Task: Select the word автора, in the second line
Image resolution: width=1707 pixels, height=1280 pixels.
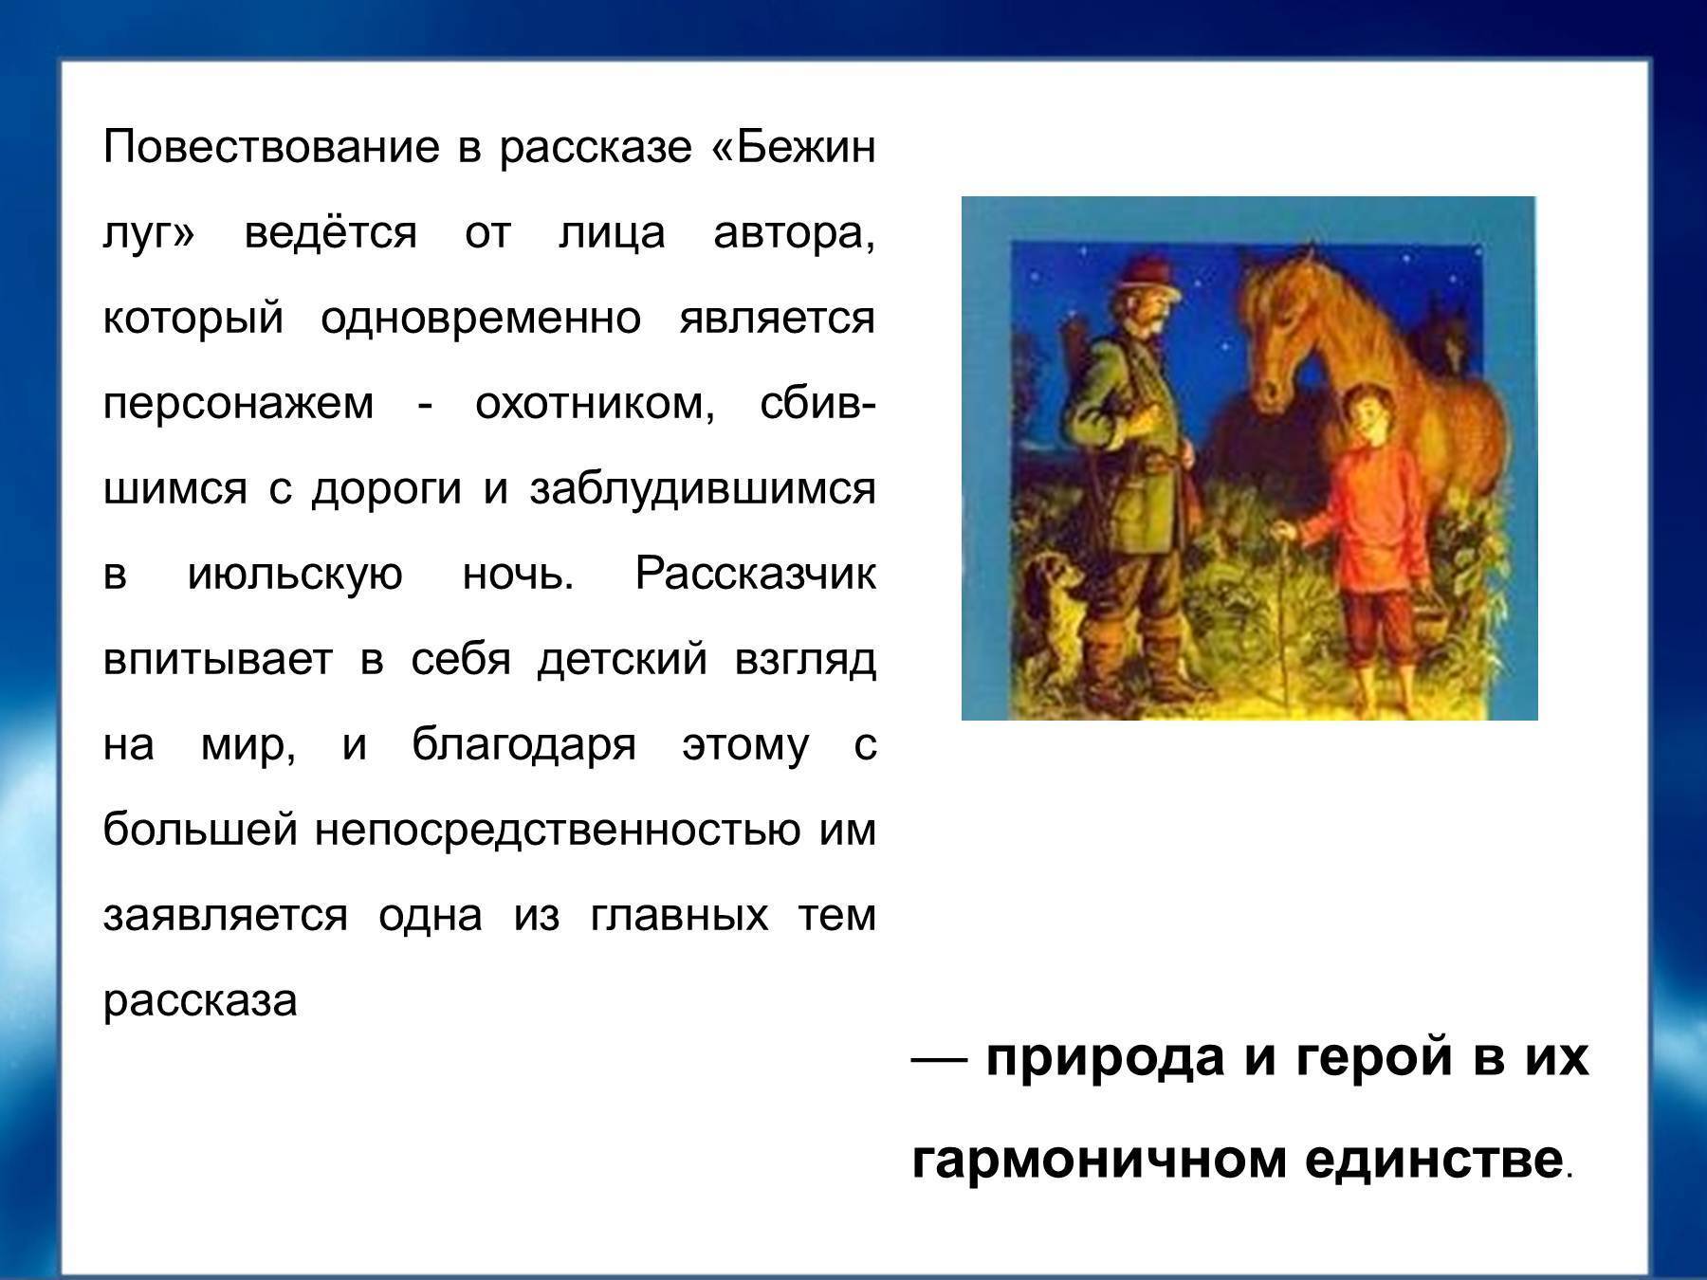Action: (x=794, y=233)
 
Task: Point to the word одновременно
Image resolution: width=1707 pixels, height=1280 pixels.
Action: (x=481, y=319)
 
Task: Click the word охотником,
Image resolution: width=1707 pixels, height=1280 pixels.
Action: (x=595, y=405)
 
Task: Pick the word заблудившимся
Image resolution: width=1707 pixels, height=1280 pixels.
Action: (x=702, y=490)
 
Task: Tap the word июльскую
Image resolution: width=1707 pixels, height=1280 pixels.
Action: (x=296, y=575)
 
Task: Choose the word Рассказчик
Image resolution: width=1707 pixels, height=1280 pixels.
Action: (x=755, y=575)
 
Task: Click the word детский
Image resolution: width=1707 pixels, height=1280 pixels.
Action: (x=622, y=660)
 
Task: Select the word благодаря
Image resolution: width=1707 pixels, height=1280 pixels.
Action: (x=523, y=745)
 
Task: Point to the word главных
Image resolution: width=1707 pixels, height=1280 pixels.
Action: (x=679, y=917)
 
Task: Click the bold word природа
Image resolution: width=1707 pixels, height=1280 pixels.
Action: (x=1106, y=1058)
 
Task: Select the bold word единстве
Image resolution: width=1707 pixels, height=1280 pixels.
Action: (x=1433, y=1159)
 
